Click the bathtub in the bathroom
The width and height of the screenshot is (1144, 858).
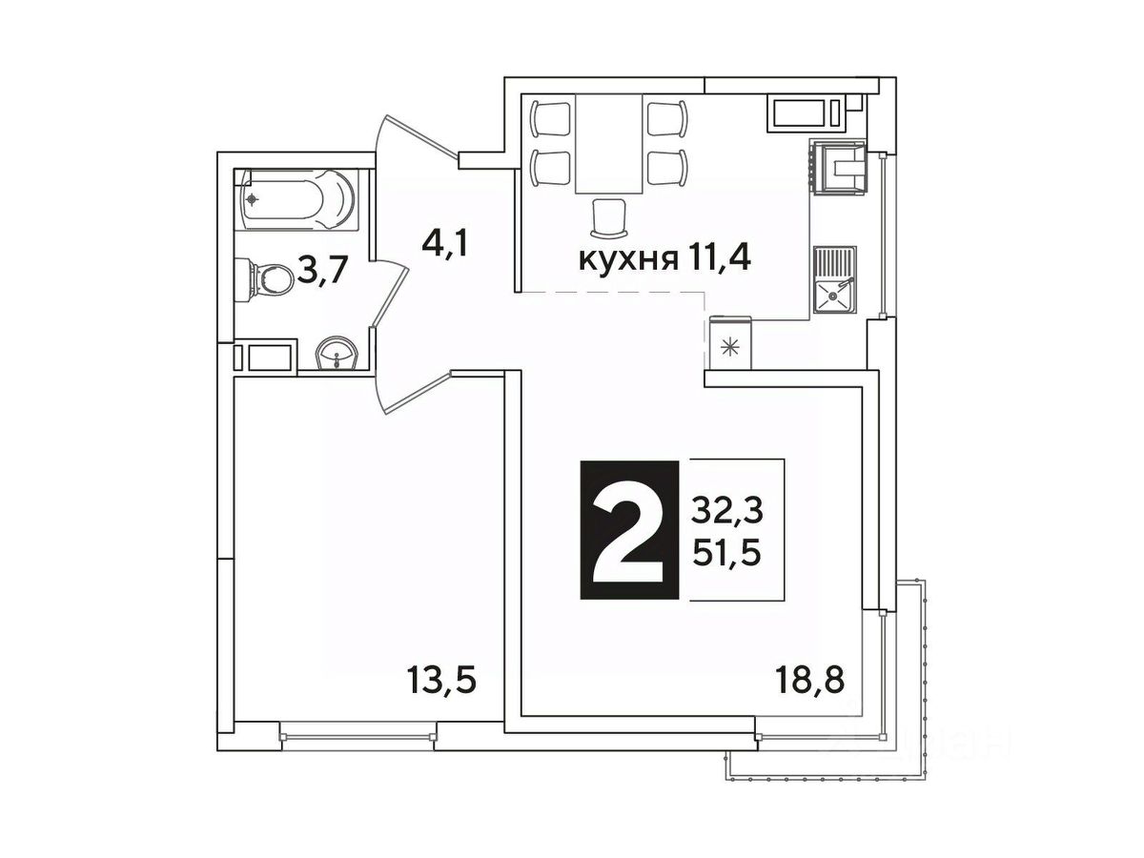click(x=298, y=199)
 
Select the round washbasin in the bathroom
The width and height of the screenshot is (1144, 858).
click(x=337, y=353)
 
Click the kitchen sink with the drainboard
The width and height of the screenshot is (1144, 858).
click(x=833, y=279)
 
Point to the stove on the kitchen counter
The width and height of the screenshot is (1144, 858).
click(x=837, y=167)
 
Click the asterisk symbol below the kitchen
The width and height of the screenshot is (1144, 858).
click(x=729, y=347)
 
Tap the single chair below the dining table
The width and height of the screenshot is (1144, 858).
click(x=609, y=217)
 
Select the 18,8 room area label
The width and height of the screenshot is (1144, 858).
click(x=809, y=681)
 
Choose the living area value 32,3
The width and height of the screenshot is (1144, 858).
click(x=727, y=513)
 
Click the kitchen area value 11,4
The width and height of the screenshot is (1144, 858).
click(x=716, y=259)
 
